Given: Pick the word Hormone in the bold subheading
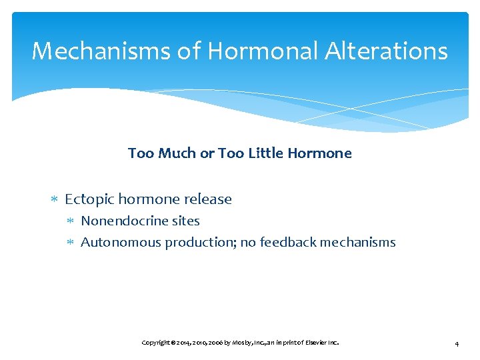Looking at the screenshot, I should [x=321, y=153].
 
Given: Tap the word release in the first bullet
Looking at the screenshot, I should [x=208, y=199].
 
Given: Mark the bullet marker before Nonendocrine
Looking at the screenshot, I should [x=72, y=221].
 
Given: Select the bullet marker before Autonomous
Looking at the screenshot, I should [x=72, y=243].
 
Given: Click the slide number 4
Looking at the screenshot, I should [x=456, y=343].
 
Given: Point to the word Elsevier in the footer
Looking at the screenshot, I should [x=313, y=343].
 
